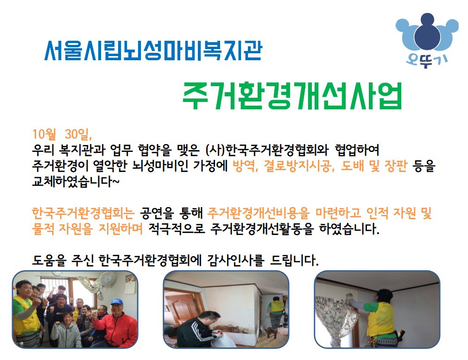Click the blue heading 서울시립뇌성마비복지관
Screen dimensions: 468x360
[x=153, y=51]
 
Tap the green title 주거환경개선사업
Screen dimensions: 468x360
[x=292, y=96]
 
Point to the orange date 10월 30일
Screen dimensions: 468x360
[x=62, y=134]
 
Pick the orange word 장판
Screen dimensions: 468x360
[x=396, y=166]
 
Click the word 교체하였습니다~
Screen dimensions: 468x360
[x=76, y=182]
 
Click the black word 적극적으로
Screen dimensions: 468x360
[x=177, y=229]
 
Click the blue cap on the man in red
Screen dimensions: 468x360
[x=117, y=302]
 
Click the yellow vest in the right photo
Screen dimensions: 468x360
[x=380, y=319]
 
